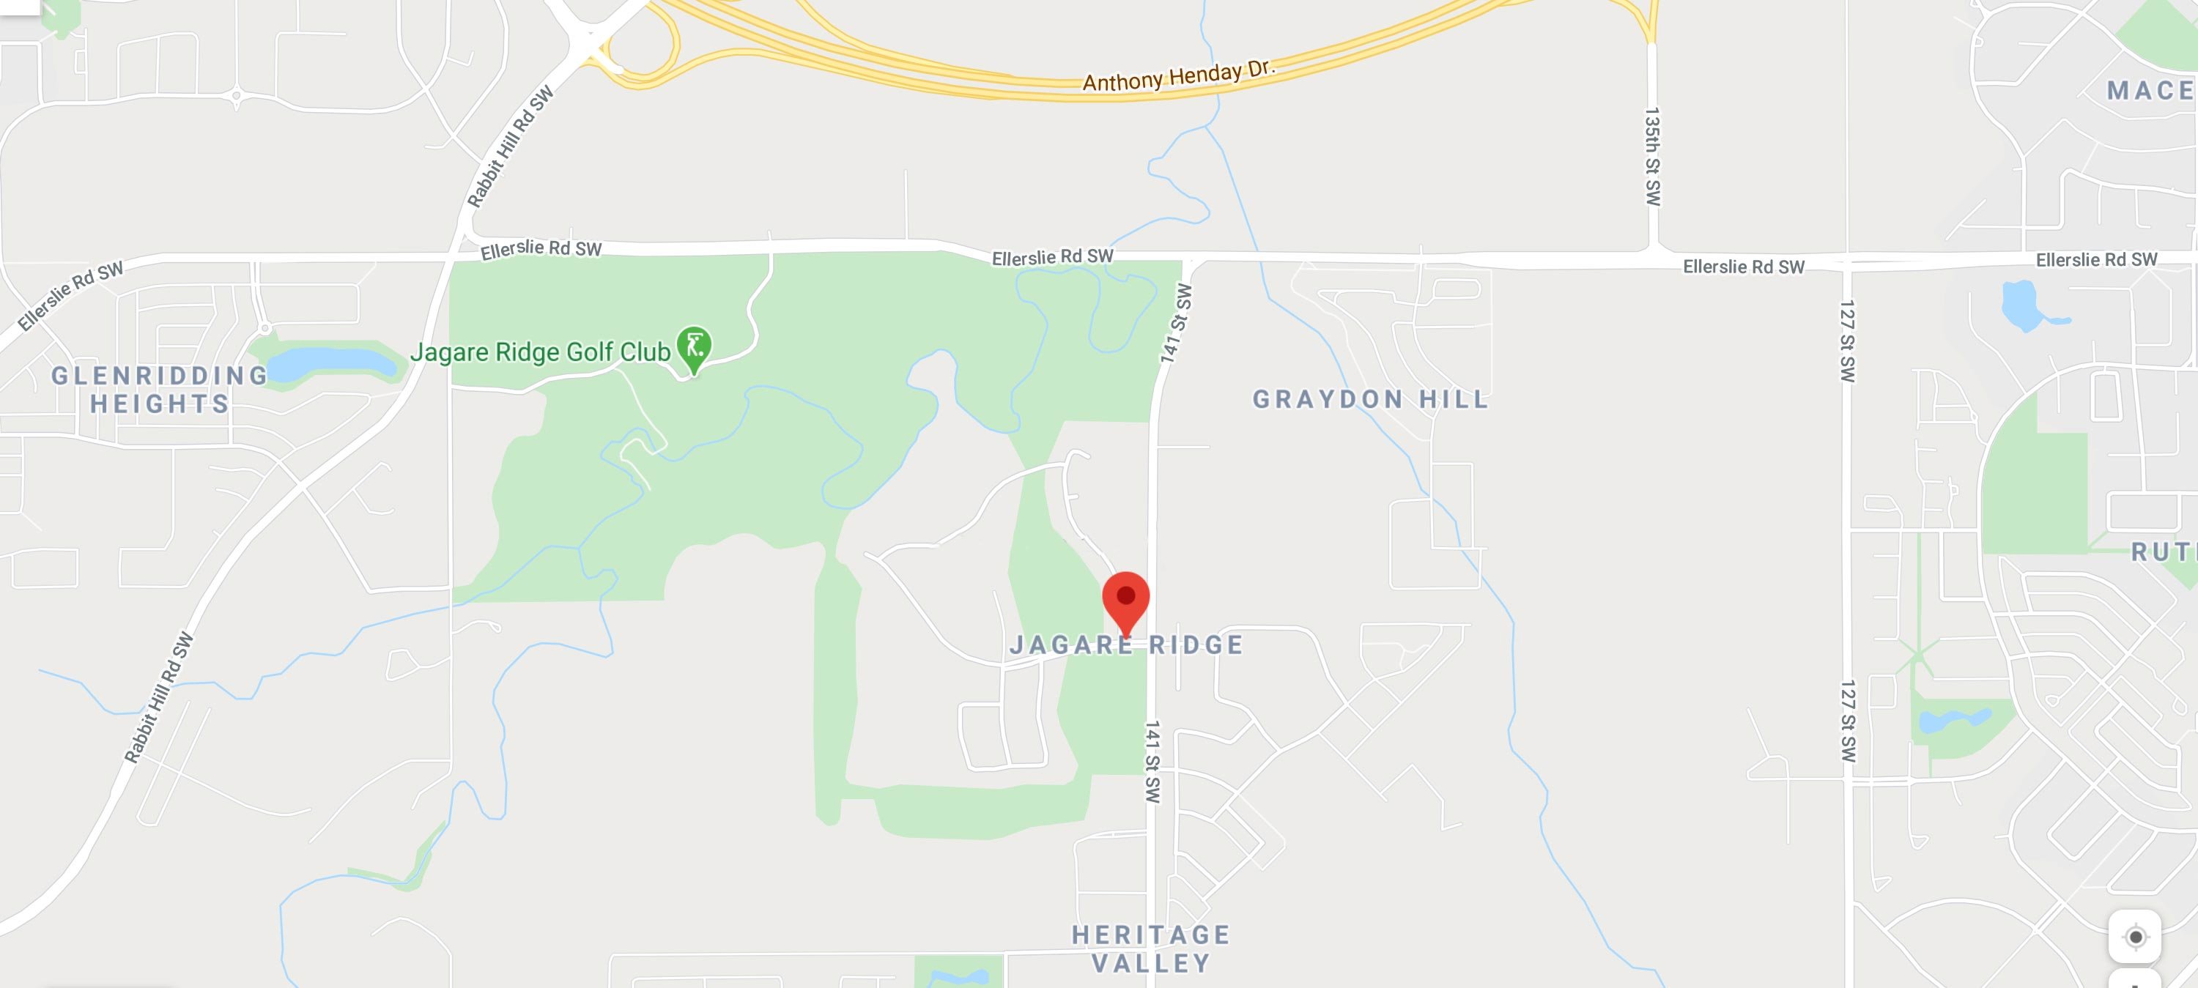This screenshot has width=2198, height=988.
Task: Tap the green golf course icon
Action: pyautogui.click(x=694, y=347)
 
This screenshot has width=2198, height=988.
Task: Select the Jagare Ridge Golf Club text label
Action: pyautogui.click(x=540, y=352)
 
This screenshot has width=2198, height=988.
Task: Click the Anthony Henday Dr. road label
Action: pyautogui.click(x=1178, y=76)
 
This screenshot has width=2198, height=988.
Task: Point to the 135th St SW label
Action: pyautogui.click(x=1653, y=156)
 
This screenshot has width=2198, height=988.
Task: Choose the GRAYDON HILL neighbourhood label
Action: pyautogui.click(x=1370, y=399)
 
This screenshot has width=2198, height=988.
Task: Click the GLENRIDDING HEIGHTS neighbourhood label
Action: pyautogui.click(x=160, y=389)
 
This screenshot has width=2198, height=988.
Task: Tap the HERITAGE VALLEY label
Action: pyautogui.click(x=1151, y=948)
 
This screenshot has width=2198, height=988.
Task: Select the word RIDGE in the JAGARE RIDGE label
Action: pyautogui.click(x=1196, y=645)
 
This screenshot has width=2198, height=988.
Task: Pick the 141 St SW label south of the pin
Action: pyautogui.click(x=1152, y=762)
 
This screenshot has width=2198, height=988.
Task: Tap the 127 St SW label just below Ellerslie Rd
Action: pyautogui.click(x=1846, y=341)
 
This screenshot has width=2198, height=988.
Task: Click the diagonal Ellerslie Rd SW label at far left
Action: pyautogui.click(x=71, y=295)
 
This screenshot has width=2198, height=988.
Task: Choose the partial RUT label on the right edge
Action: pyautogui.click(x=2163, y=552)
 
